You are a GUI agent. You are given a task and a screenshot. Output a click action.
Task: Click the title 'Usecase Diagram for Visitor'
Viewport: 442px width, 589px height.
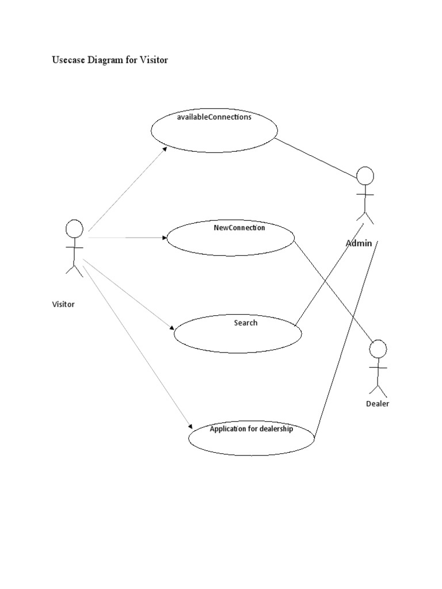(110, 60)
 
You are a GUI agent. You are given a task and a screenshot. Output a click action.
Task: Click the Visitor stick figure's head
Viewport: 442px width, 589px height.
(74, 228)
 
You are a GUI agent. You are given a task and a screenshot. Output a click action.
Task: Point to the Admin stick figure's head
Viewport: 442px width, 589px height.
(365, 176)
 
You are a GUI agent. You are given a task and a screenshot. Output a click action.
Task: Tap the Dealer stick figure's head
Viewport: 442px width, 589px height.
(378, 349)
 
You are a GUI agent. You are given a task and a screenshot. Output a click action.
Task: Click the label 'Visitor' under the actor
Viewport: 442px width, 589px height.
(63, 304)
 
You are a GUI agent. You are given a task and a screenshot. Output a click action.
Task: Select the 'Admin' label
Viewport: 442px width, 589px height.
(359, 243)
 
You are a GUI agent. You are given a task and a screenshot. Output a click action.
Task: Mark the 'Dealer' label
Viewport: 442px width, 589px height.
(378, 404)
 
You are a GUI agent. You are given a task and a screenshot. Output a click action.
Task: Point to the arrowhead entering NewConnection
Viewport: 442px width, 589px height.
(163, 237)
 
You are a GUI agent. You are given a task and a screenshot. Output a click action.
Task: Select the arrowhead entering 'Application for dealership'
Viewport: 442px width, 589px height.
(189, 427)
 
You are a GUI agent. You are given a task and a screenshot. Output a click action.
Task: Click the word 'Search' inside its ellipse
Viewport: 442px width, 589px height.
(246, 323)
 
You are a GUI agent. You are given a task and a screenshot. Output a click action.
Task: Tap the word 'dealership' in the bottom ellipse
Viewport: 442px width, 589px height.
(276, 429)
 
